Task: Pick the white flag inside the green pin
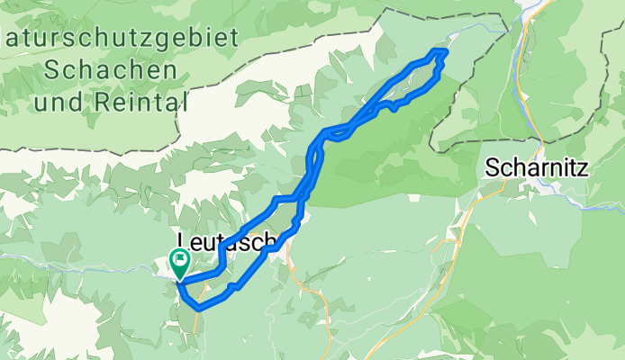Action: coord(180,263)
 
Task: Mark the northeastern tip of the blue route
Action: coord(443,52)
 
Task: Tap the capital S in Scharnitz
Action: coord(493,167)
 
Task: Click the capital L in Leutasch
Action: coord(185,240)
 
